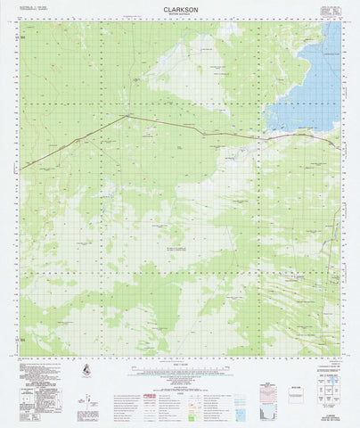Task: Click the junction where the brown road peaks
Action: coord(127,115)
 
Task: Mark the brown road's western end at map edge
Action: coord(24,167)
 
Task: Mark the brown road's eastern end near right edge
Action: coord(335,144)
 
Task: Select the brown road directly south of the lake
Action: coord(294,136)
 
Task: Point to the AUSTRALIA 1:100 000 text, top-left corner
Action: coord(36,8)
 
